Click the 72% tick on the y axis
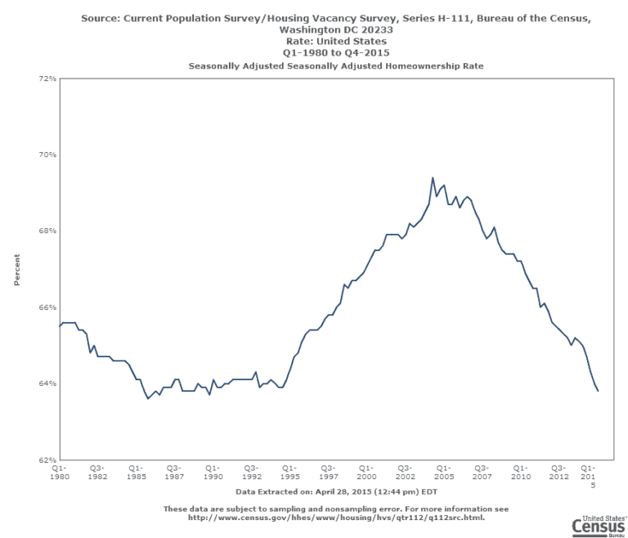pos(47,78)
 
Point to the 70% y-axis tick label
pos(47,155)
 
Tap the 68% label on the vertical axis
pos(47,231)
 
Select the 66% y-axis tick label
pos(47,307)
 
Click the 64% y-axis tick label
pos(47,383)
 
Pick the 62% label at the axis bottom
pos(47,460)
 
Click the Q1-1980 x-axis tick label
pos(59,472)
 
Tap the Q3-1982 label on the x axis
pos(97,472)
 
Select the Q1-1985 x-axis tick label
pos(136,472)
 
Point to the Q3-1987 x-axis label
pos(174,472)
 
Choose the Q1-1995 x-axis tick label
pos(289,472)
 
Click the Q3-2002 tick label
pos(405,472)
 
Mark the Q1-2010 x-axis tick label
pos(521,472)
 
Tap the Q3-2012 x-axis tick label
pos(559,472)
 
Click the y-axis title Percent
pos(16,269)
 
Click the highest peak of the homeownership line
pos(433,177)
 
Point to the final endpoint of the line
pos(598,391)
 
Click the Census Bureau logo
pos(599,526)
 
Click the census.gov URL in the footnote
pos(335,517)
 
